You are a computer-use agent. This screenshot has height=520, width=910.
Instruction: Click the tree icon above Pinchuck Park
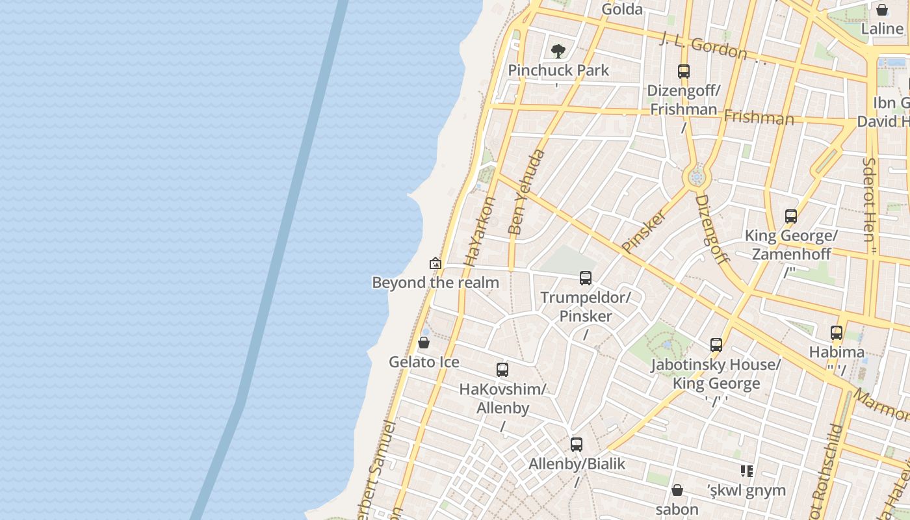558,51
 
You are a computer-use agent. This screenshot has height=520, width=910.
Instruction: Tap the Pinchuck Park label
558,70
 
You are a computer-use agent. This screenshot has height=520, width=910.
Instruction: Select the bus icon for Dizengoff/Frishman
683,71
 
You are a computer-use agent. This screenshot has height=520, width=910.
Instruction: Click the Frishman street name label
759,118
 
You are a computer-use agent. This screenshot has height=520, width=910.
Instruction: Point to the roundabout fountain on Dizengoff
697,176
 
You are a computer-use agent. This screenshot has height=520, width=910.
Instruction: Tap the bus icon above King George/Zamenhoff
790,216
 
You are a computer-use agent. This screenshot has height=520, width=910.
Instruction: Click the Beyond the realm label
435,283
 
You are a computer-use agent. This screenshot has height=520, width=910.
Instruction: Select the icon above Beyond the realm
435,263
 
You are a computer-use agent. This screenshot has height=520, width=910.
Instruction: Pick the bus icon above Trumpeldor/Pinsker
586,278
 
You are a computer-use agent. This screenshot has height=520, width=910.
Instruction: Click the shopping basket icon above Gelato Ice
424,343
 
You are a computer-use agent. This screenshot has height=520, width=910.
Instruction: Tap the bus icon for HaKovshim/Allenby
502,370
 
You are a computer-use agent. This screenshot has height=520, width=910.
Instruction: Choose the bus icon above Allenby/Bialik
577,445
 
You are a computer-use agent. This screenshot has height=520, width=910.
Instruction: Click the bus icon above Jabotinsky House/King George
716,345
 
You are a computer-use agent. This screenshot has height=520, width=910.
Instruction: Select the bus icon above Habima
837,333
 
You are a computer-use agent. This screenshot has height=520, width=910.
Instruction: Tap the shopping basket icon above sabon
677,489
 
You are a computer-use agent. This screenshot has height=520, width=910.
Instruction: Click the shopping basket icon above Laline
882,10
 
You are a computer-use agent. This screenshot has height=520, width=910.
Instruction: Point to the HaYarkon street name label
480,232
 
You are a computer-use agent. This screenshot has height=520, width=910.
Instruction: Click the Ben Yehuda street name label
526,192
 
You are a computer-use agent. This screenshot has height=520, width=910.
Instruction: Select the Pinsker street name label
643,231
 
